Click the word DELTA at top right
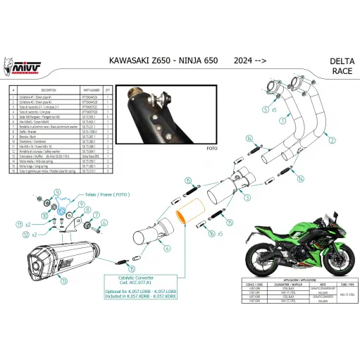pos(332,61)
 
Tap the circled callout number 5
pos(265,110)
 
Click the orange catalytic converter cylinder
pos(190,211)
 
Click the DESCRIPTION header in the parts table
pos(32,90)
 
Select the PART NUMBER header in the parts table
pos(92,90)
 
